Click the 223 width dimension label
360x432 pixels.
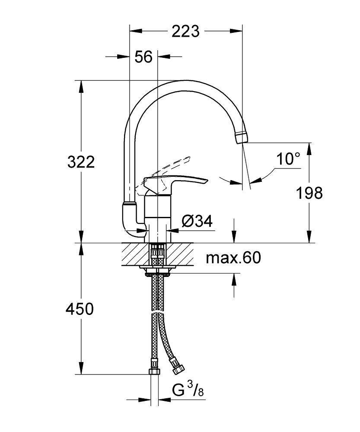click(x=186, y=31)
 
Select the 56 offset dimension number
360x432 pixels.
click(x=143, y=57)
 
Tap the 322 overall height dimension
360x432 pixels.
click(x=81, y=162)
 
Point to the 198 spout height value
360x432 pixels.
click(x=309, y=193)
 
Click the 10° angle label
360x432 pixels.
click(x=288, y=159)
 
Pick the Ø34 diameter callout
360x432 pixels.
click(x=197, y=222)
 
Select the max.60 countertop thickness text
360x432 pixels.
click(x=233, y=258)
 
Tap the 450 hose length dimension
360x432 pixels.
click(x=79, y=309)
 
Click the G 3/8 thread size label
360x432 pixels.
click(x=188, y=391)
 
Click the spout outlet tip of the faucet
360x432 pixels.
click(x=242, y=137)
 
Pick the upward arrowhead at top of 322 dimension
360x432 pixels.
click(x=81, y=86)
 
